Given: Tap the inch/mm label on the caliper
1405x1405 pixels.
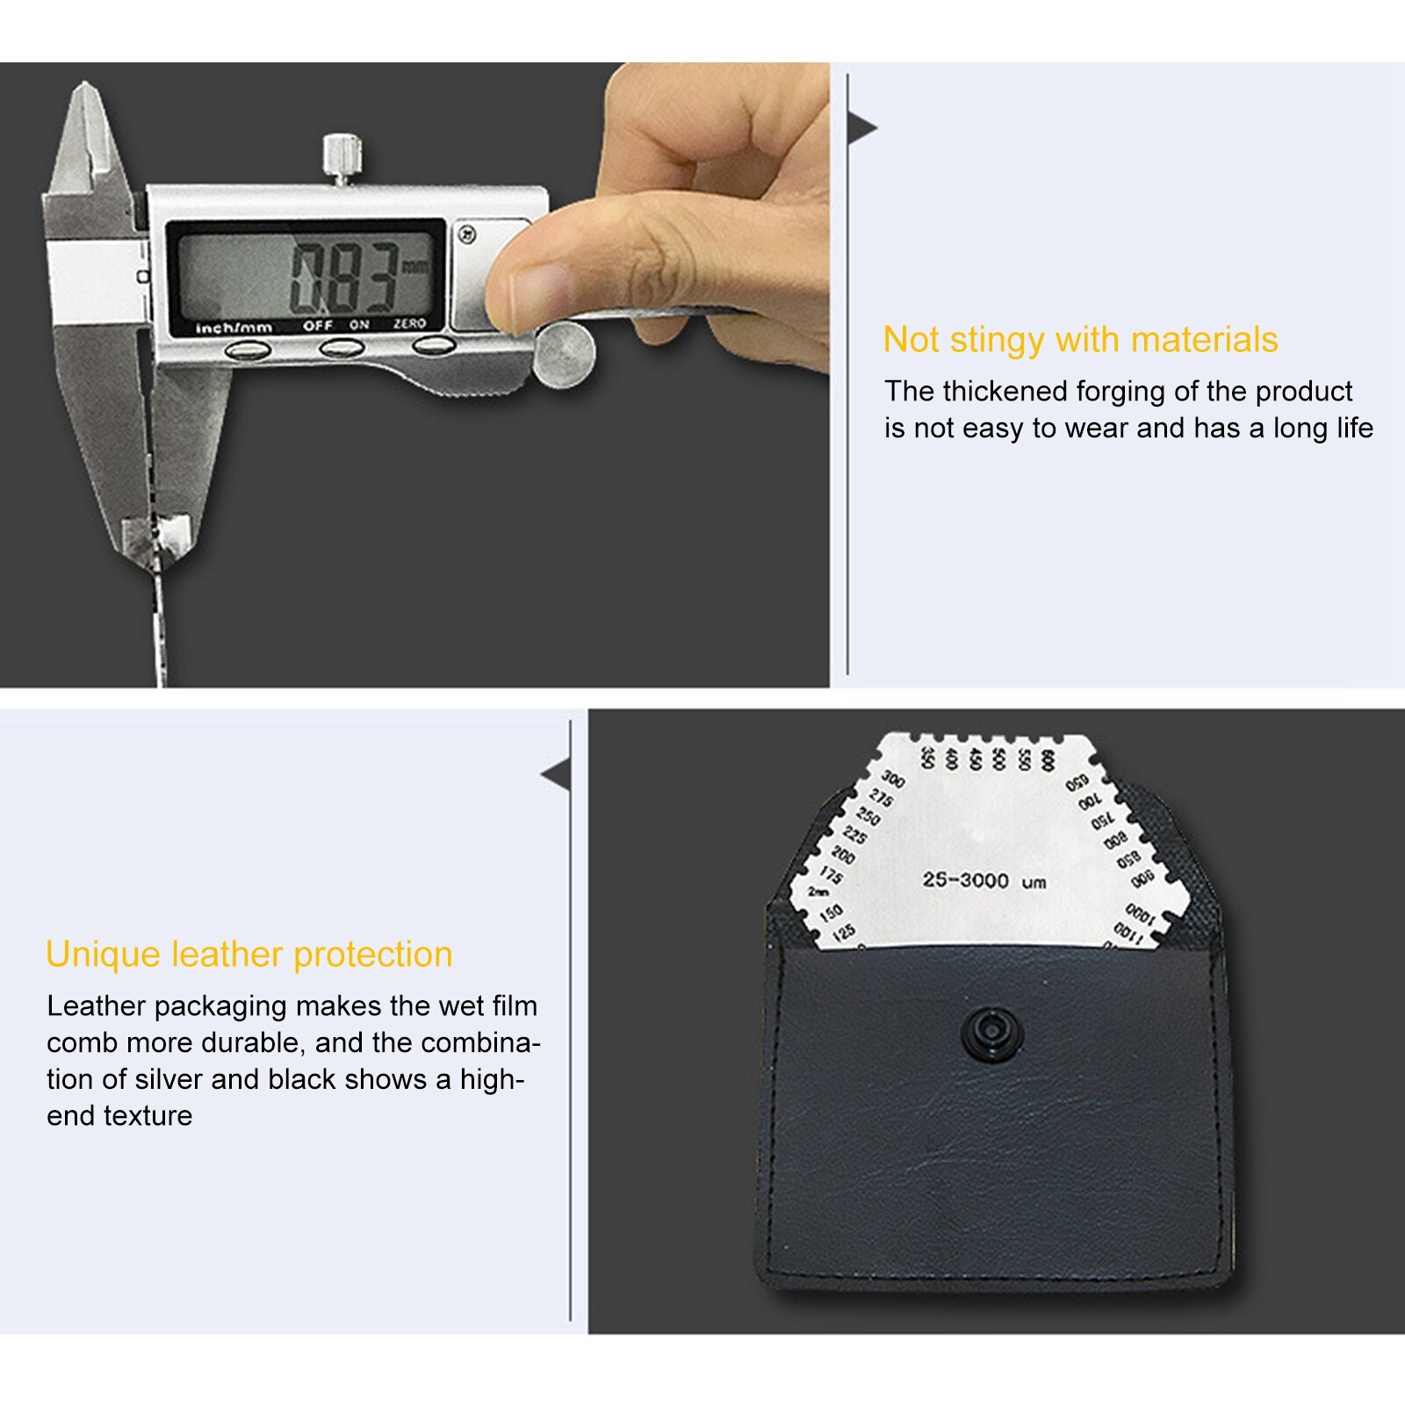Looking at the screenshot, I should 234,328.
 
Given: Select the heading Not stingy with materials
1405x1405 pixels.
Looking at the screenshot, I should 1080,340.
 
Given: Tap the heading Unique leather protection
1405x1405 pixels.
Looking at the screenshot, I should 249,955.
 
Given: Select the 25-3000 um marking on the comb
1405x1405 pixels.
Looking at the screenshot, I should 983,881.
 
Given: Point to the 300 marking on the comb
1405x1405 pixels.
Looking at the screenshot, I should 892,779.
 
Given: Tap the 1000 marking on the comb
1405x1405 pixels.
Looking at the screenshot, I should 1139,914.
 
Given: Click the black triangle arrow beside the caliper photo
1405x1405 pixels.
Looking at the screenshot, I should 862,128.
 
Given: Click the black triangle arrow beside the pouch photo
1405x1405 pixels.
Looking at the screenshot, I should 557,775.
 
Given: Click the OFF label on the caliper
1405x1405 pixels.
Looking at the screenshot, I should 318,326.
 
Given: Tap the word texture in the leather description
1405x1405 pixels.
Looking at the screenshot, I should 148,1116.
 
